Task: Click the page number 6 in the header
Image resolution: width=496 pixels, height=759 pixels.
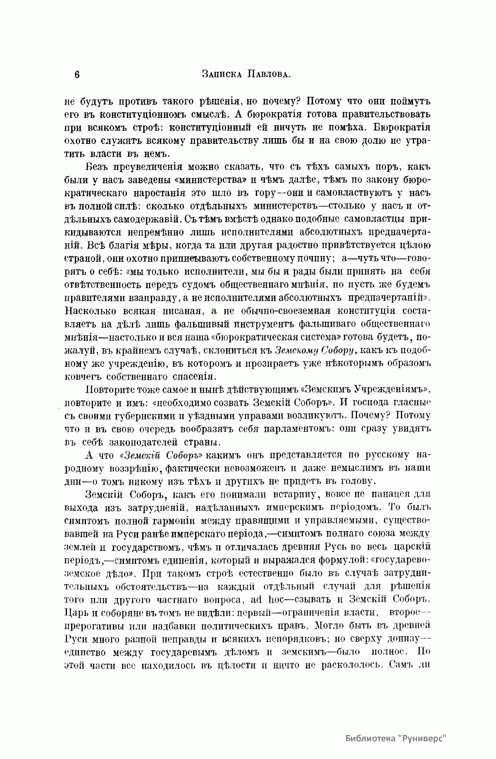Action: pos(76,74)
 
